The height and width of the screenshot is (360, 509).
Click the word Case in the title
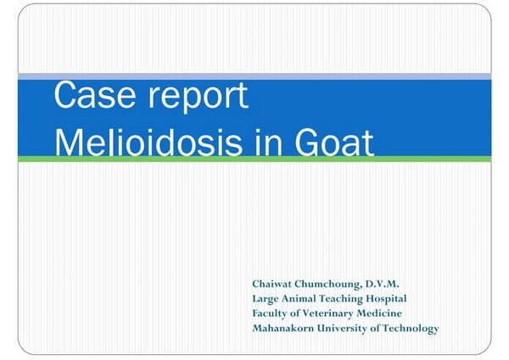[x=95, y=95]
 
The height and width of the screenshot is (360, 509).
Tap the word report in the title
[x=199, y=98]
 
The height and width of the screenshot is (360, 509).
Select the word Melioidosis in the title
[x=148, y=143]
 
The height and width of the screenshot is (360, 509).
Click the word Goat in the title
[x=335, y=143]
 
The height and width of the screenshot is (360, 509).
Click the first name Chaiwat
[x=272, y=284]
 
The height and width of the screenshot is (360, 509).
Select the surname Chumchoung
[x=327, y=284]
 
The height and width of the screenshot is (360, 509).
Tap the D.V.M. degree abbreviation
[x=382, y=284]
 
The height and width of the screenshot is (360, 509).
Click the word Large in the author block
[x=266, y=299]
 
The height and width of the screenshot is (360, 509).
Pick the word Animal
[x=299, y=298]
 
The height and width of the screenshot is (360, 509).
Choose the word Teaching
[x=341, y=299]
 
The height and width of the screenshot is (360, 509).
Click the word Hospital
[x=386, y=299]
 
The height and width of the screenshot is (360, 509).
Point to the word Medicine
[x=379, y=313]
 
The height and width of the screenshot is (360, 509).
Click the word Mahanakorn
[x=283, y=328]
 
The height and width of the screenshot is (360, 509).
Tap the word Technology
[x=411, y=329]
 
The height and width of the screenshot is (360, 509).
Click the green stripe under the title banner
[x=255, y=159]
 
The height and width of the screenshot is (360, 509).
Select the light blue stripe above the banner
[x=255, y=76]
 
